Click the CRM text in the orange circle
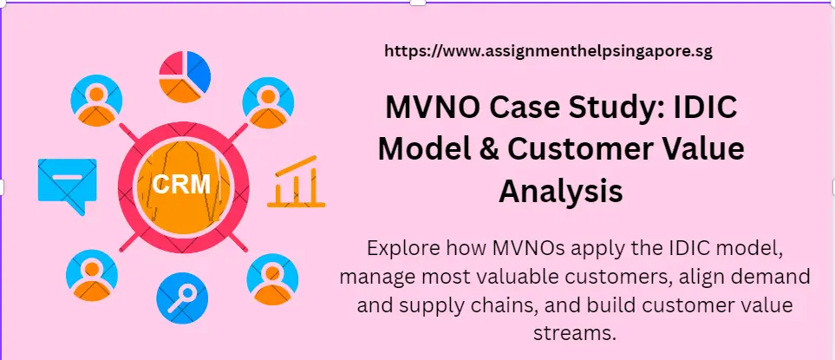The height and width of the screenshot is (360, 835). (x=181, y=184)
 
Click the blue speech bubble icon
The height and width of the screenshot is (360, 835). (x=66, y=186)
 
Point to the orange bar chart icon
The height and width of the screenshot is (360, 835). (x=296, y=183)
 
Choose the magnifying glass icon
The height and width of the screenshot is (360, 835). (x=182, y=298)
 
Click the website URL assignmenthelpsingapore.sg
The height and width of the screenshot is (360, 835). (x=548, y=51)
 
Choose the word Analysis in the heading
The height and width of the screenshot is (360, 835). (x=561, y=190)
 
